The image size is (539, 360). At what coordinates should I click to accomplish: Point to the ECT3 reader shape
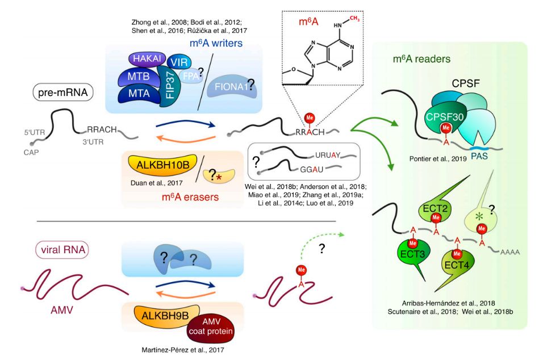pos(413,252)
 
